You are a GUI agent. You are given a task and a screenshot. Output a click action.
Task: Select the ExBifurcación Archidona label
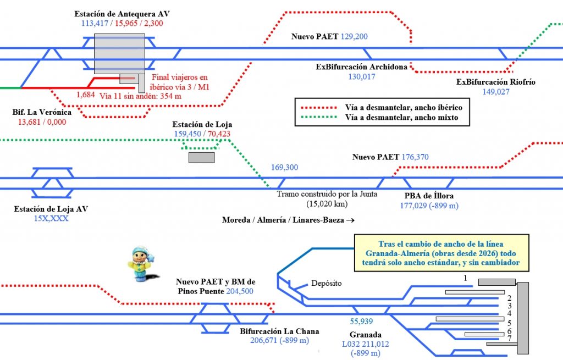361,67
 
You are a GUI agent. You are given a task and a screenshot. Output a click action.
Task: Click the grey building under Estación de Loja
201,158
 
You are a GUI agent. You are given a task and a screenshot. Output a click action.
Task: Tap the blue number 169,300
284,167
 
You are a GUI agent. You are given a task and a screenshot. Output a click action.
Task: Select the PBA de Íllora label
429,196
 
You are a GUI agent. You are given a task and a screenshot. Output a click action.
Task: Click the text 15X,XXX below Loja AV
51,218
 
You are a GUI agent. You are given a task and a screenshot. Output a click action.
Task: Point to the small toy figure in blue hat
140,263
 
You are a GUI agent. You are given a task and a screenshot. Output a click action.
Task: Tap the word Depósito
326,284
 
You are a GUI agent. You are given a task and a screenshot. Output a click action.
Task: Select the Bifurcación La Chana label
279,331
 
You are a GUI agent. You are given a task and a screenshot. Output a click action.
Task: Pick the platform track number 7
510,339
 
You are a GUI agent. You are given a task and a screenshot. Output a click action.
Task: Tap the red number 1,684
86,95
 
